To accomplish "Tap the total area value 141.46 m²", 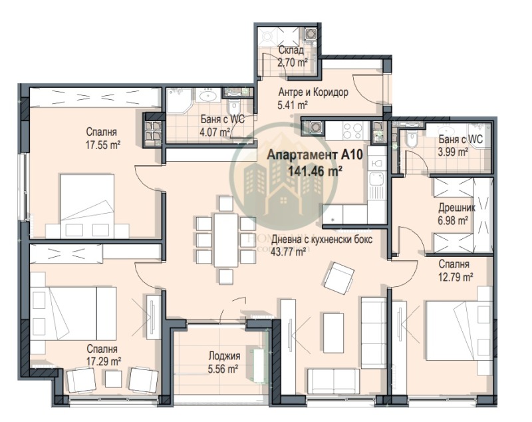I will click(x=315, y=170).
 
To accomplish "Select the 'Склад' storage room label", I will click(x=291, y=51).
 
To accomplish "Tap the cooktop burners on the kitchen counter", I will click(x=353, y=128).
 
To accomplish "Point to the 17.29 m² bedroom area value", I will click(x=102, y=360).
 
